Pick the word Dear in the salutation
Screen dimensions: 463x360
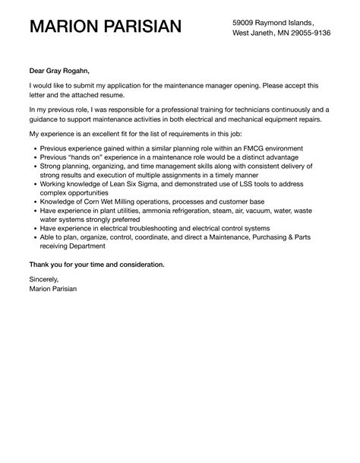38,69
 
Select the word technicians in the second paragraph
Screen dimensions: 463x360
250,110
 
